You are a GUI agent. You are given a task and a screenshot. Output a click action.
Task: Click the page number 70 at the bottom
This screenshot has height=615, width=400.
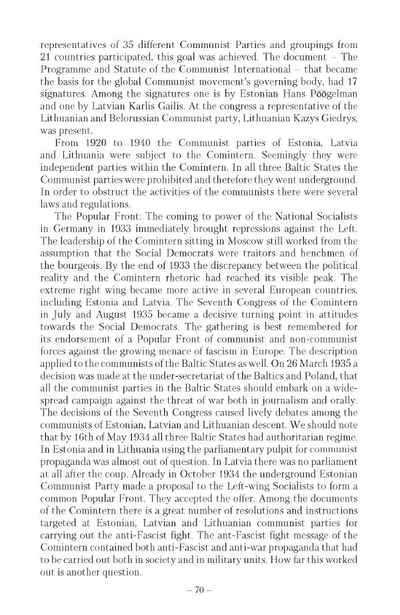coord(200,590)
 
